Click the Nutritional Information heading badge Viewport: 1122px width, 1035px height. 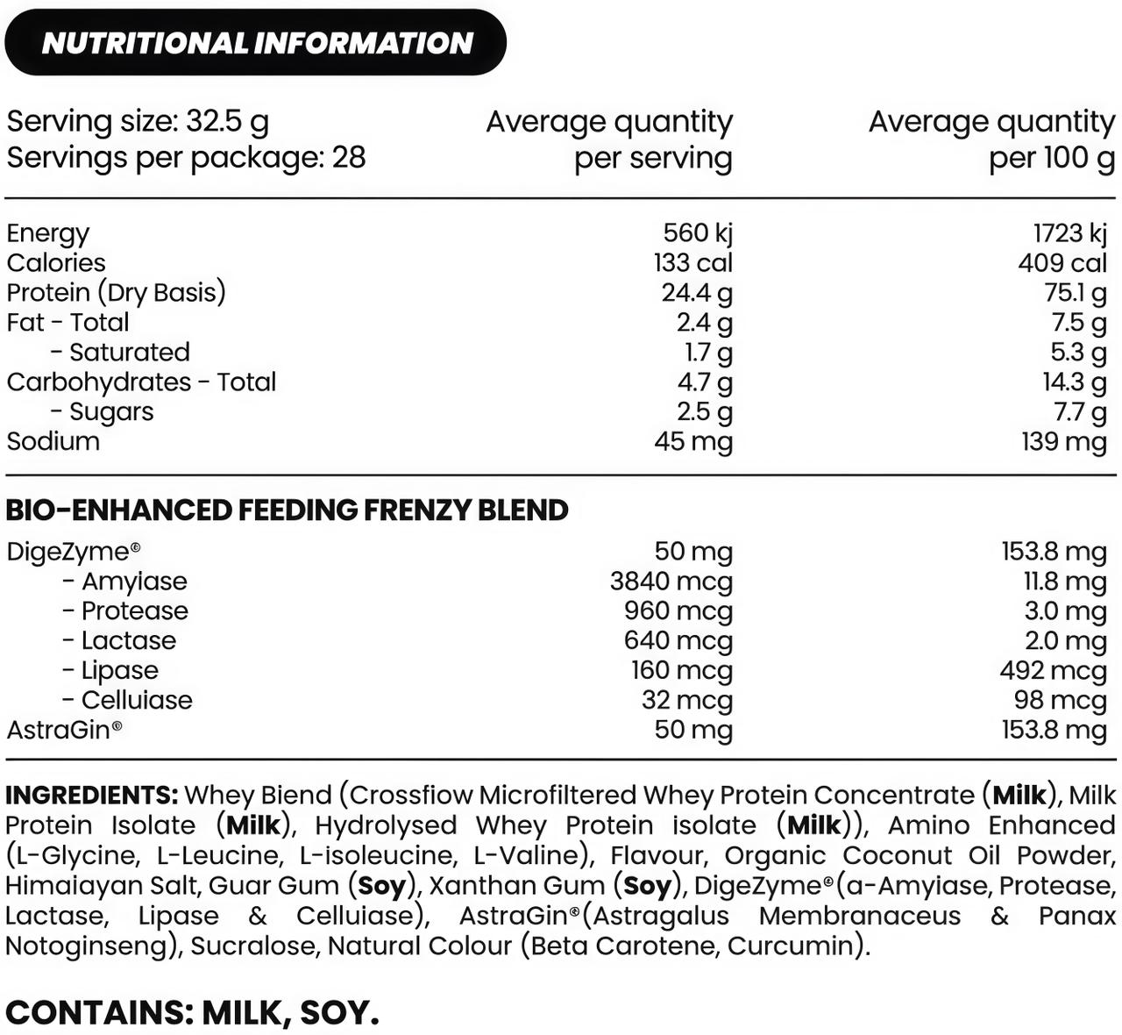coord(256,42)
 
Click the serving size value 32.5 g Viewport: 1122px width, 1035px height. coord(227,122)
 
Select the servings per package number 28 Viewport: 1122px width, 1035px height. coord(349,158)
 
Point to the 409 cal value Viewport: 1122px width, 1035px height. coord(1062,263)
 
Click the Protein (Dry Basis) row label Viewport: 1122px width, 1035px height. coord(116,293)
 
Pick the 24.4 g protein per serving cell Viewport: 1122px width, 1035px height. coord(697,293)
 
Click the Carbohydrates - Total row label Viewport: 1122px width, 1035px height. coord(141,382)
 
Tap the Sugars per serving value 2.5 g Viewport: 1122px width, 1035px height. coord(705,412)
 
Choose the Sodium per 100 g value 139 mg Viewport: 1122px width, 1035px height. coord(1063,441)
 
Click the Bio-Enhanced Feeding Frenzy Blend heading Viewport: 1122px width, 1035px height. coord(287,510)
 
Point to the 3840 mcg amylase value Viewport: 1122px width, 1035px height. coord(671,582)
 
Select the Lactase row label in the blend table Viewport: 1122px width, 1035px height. coord(128,641)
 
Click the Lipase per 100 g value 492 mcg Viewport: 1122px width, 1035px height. coord(1053,671)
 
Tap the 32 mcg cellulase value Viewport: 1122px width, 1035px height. coord(686,701)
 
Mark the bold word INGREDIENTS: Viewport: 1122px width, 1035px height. coord(91,796)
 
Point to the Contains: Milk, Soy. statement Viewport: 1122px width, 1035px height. coord(192,1013)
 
